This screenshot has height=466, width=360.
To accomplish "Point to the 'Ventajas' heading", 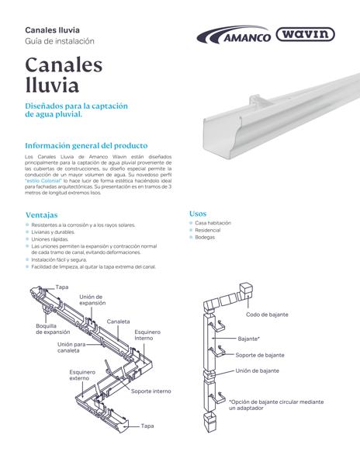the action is pyautogui.click(x=41, y=214).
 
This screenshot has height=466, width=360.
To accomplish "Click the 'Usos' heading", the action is pyautogui.click(x=197, y=212).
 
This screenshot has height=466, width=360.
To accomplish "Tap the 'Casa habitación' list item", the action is pyautogui.click(x=213, y=223).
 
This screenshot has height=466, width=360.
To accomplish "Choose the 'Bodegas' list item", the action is pyautogui.click(x=205, y=237).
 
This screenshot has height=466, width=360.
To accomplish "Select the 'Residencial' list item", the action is pyautogui.click(x=207, y=230).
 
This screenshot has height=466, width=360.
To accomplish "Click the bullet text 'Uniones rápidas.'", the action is pyautogui.click(x=53, y=239).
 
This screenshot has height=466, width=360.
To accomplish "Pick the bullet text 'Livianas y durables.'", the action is pyautogui.click(x=53, y=231).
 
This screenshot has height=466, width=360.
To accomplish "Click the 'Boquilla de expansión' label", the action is pyautogui.click(x=52, y=329).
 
